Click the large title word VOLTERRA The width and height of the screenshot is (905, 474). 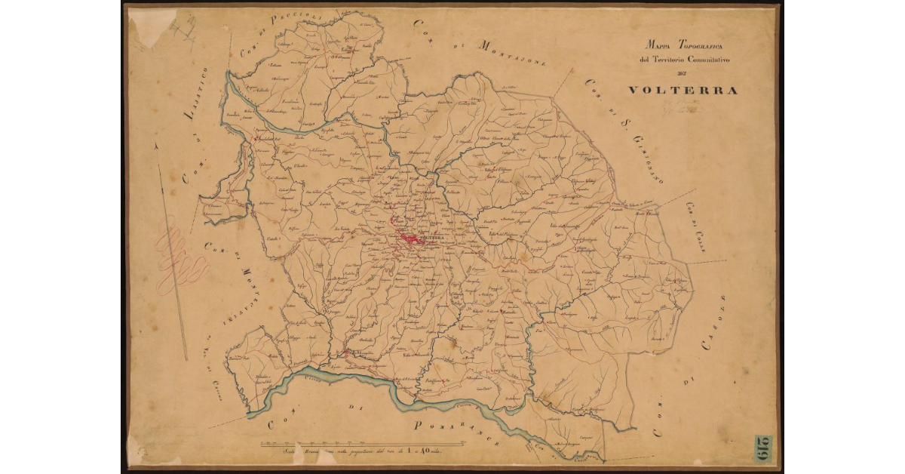point(683,90)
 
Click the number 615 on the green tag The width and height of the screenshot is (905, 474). point(762,448)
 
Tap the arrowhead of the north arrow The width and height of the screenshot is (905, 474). point(157,149)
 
